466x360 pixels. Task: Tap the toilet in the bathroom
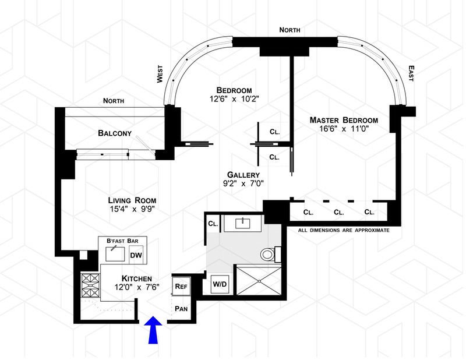(x=269, y=254)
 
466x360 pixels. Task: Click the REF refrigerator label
(x=180, y=287)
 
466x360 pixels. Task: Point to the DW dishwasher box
(x=136, y=255)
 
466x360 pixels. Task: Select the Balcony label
(x=114, y=133)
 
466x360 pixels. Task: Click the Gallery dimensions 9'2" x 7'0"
(x=244, y=184)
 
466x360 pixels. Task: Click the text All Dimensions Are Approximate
(x=343, y=231)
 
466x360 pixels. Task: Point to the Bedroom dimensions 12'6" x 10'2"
(x=234, y=100)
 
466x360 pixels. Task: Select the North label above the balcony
(x=114, y=101)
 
